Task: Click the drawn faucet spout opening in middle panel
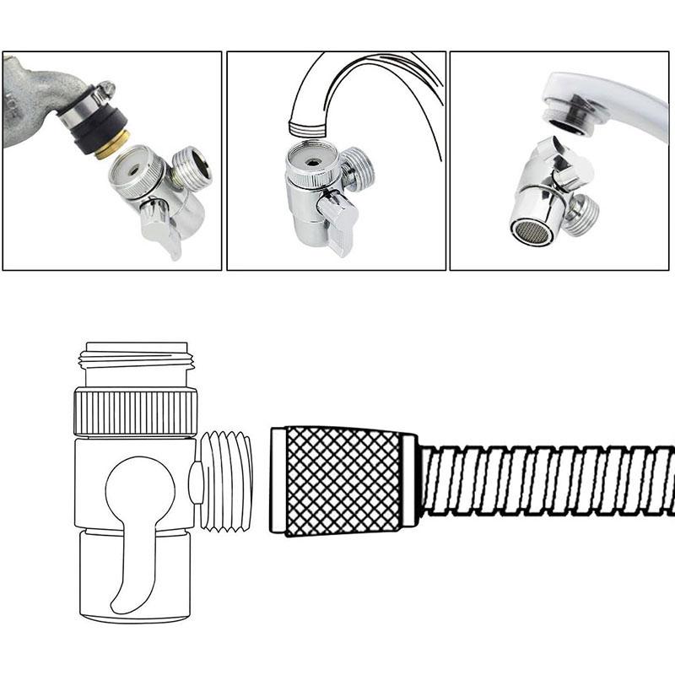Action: [x=309, y=127]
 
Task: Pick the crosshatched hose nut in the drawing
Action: [x=342, y=481]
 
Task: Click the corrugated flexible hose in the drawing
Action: [x=548, y=481]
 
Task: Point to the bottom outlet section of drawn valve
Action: [x=136, y=582]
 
